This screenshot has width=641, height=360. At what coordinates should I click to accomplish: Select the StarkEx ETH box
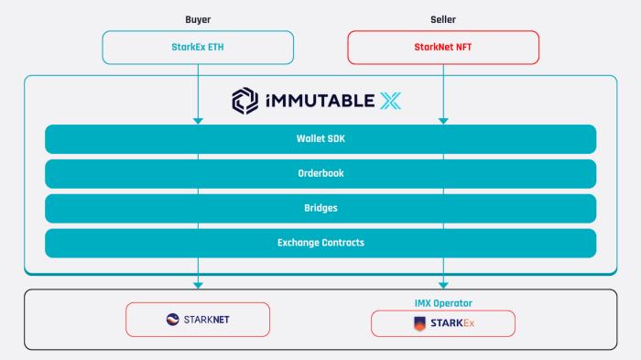[198, 48]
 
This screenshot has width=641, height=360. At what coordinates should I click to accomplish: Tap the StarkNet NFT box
[443, 48]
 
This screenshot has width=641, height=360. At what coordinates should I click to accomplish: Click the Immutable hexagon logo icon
[244, 101]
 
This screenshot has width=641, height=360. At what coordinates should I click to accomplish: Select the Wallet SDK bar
[320, 139]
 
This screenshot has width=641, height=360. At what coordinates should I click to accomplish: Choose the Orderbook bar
[320, 174]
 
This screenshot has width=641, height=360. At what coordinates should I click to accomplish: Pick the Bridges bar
[320, 208]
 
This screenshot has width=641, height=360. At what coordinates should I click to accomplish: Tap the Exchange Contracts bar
[320, 243]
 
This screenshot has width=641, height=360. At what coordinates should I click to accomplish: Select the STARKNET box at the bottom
[198, 320]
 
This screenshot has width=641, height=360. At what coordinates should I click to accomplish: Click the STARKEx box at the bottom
[442, 323]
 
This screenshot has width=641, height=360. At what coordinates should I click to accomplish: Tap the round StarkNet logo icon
[173, 320]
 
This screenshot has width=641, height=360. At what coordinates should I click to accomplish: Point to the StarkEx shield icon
[420, 323]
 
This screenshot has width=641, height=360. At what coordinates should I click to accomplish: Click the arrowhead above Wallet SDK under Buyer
[198, 120]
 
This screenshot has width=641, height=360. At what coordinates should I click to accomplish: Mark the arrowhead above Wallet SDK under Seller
[443, 120]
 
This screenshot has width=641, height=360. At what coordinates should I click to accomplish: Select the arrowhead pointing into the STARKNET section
[198, 285]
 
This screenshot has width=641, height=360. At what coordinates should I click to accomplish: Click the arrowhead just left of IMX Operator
[443, 285]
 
